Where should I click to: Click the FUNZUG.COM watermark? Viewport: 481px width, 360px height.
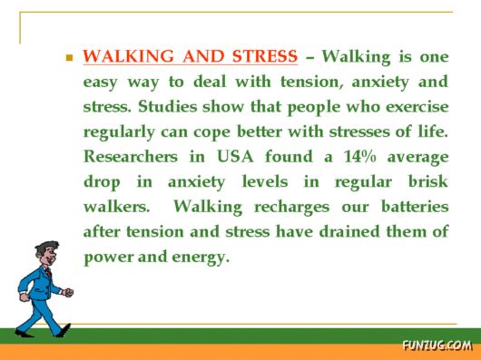(x=437, y=345)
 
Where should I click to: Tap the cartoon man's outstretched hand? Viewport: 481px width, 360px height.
(x=69, y=293)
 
